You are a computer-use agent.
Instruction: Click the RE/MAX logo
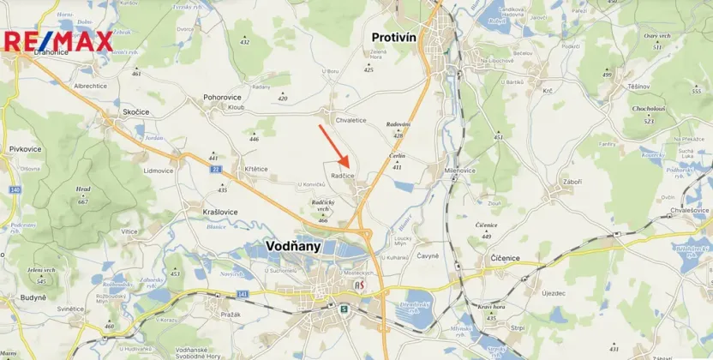point(58,41)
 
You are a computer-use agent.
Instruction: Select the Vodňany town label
point(293,246)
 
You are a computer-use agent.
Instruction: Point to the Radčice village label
point(343,176)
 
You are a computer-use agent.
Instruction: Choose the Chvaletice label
point(351,120)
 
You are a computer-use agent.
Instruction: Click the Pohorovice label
point(222,98)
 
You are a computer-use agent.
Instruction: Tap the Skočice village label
point(136,112)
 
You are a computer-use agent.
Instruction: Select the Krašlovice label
point(220,212)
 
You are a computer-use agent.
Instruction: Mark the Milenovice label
point(460,171)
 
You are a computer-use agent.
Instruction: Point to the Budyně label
point(33,297)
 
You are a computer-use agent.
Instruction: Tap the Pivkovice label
point(26,149)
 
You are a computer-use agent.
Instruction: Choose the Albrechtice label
point(90,86)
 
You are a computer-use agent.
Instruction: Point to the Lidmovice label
point(159,171)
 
